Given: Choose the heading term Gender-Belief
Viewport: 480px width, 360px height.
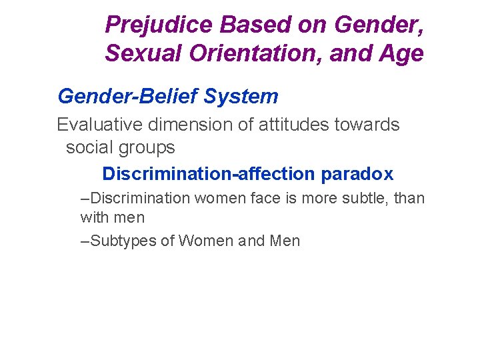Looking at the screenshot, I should pyautogui.click(x=128, y=97).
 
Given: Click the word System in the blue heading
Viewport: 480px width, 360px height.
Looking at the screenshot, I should pyautogui.click(x=241, y=97).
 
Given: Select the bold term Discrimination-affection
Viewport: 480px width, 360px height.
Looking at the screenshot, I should pyautogui.click(x=209, y=174).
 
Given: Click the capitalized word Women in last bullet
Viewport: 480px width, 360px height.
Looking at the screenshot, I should pyautogui.click(x=203, y=241).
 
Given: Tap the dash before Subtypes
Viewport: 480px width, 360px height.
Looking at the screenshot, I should pyautogui.click(x=84, y=241).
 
